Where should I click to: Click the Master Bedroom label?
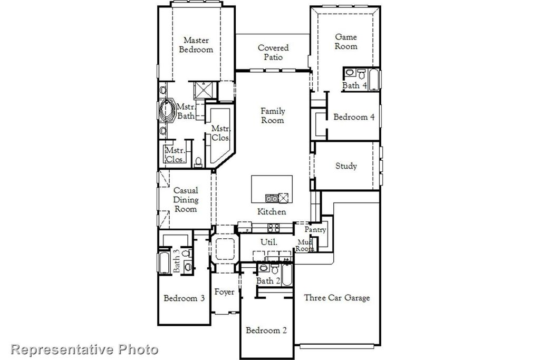point(196,45)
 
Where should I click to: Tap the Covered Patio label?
point(273,52)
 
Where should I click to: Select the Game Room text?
point(346,42)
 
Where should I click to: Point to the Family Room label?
point(272,115)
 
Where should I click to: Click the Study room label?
point(346,166)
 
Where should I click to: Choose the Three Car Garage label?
point(336,298)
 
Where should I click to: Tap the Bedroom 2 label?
point(266,330)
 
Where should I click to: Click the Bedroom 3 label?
point(184,298)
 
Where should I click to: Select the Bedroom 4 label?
point(354,117)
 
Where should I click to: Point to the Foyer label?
point(224,292)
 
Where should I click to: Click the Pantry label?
point(315,230)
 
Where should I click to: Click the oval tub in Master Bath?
point(167,110)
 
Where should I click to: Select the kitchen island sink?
point(272,198)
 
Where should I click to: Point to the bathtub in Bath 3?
point(164,262)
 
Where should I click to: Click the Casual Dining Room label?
point(186,200)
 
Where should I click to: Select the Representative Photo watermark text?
point(84,349)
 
